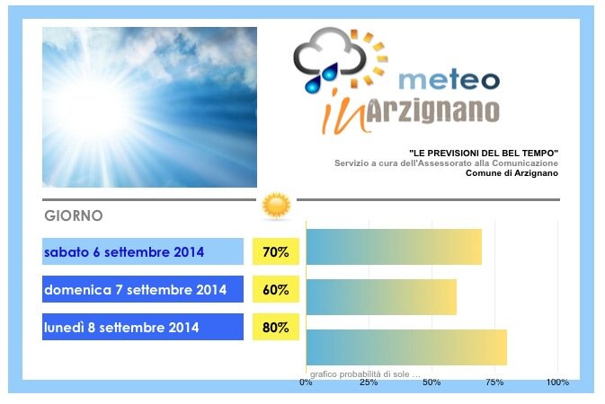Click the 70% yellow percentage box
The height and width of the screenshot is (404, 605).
pos(276,251)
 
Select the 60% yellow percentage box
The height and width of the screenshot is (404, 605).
pos(276,289)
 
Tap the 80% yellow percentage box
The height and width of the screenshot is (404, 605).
pos(276,327)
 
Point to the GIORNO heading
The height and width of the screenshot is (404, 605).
pos(74,215)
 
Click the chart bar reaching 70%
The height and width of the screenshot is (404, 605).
pos(394,247)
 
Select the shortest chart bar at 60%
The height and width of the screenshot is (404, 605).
pos(381,297)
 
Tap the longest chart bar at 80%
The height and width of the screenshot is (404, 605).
pos(406,347)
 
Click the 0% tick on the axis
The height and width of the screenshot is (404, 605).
pos(306,382)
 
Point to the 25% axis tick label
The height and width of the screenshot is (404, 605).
pos(369,382)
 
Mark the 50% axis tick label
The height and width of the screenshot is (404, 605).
pos(432,382)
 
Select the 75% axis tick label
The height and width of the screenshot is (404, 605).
pos(494,382)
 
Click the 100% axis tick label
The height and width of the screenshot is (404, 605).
pos(557,382)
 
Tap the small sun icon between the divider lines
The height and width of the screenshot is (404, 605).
pos(276,206)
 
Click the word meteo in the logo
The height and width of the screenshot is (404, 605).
pos(449,79)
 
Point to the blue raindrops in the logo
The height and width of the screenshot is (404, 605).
pos(322,78)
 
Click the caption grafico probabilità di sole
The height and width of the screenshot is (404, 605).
pos(365,374)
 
